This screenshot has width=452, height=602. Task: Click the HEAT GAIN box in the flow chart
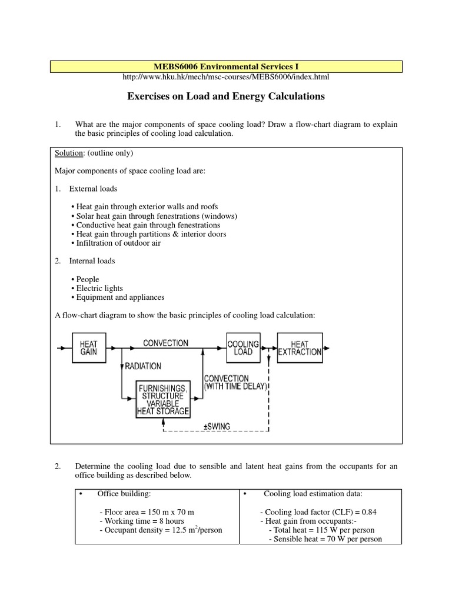89,347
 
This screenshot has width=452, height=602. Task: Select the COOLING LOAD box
243,347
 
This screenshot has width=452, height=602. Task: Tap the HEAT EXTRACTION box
300,347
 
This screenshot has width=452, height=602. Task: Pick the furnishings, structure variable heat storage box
163,400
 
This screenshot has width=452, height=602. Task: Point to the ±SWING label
218,426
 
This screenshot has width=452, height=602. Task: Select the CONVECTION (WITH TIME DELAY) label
235,382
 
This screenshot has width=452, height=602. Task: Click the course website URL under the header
225,77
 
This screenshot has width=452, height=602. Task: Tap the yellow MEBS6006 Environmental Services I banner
226,66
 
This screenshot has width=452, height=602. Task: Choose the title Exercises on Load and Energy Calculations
226,96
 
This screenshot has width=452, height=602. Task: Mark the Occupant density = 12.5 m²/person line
161,530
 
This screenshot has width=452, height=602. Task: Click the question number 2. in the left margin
58,467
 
